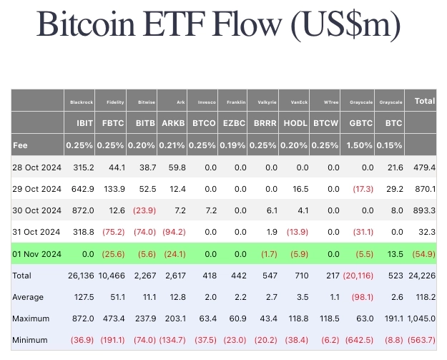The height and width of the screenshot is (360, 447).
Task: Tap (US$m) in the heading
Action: [345, 26]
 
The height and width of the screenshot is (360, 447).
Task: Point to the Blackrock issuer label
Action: [82, 102]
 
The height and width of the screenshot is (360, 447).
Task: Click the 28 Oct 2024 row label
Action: [36, 167]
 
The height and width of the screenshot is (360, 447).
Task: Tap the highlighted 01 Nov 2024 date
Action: [36, 253]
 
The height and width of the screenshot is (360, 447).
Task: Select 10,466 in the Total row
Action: [112, 276]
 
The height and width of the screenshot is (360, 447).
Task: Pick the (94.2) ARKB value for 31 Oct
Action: [172, 232]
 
